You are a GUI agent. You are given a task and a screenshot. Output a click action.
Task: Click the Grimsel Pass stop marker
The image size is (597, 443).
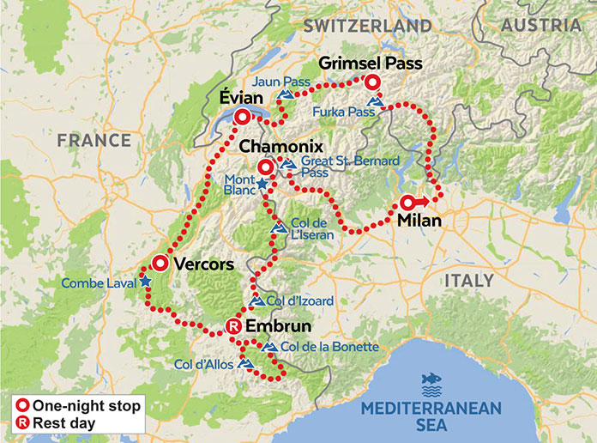click(x=371, y=82)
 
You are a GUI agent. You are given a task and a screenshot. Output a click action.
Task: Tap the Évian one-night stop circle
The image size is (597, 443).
click(x=243, y=118)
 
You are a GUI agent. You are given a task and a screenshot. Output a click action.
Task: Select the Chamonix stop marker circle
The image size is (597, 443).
click(x=266, y=167)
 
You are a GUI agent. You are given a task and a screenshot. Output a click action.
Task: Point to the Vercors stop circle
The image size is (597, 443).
click(x=160, y=264)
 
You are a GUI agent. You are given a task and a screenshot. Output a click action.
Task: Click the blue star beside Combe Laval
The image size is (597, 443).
click(x=145, y=282)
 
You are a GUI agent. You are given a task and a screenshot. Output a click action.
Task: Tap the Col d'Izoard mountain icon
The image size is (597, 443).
click(x=257, y=300)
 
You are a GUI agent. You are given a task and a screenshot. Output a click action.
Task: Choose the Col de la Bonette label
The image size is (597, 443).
click(x=329, y=347)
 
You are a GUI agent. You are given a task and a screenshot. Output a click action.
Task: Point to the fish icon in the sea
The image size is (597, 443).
click(x=430, y=380)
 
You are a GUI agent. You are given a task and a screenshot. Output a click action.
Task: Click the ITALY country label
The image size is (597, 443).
click(x=469, y=281)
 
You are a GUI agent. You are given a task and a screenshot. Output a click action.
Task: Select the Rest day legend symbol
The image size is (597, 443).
click(x=23, y=422)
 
